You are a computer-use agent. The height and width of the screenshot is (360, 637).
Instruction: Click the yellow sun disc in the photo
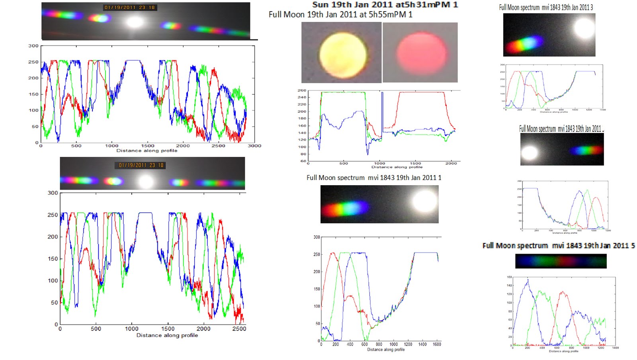pyautogui.click(x=343, y=55)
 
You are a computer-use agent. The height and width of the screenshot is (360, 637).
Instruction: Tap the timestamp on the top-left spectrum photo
pyautogui.click(x=129, y=8)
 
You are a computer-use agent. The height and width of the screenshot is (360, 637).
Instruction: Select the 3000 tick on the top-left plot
pyautogui.click(x=254, y=146)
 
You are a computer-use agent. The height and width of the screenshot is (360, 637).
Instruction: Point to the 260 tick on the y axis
pyautogui.click(x=302, y=90)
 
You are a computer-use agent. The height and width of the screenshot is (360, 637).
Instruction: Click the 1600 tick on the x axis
pyautogui.click(x=437, y=344)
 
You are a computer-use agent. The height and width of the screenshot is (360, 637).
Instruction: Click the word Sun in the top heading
pyautogui.click(x=320, y=5)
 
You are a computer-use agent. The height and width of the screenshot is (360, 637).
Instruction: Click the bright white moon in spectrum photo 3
pyautogui.click(x=584, y=28)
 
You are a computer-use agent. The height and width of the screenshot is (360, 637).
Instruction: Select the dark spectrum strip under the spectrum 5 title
pyautogui.click(x=561, y=261)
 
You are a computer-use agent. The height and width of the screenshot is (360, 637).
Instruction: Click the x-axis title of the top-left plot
pyautogui.click(x=147, y=151)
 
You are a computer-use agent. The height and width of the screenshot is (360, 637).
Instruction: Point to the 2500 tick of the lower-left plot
pyautogui.click(x=239, y=329)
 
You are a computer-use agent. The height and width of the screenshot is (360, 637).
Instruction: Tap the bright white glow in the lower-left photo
pyautogui.click(x=146, y=182)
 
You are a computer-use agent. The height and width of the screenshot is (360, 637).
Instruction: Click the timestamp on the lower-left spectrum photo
pyautogui.click(x=141, y=165)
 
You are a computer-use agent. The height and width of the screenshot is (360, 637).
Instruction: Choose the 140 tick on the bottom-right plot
pyautogui.click(x=509, y=286)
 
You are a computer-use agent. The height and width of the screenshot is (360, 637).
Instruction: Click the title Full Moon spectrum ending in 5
pyautogui.click(x=558, y=246)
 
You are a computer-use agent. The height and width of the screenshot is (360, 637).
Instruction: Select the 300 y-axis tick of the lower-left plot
pyautogui.click(x=53, y=193)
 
